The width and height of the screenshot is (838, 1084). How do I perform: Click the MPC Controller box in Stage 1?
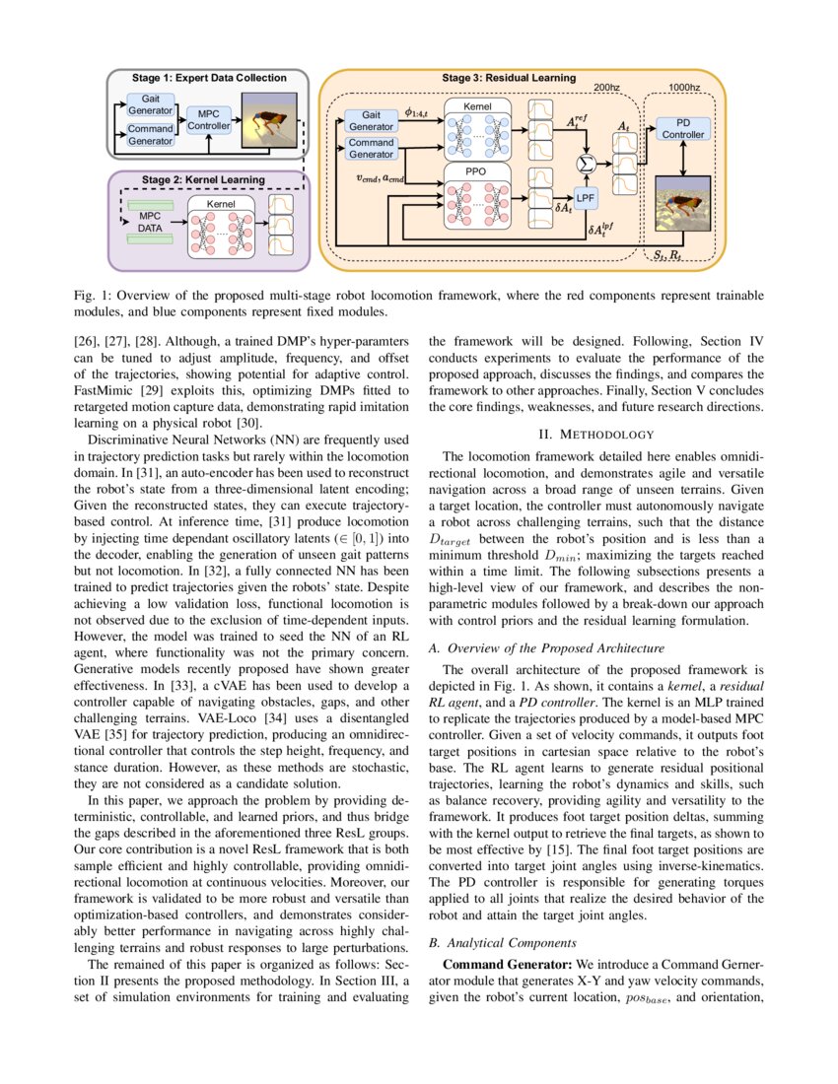[x=208, y=120]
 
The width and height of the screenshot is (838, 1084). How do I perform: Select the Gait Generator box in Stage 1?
[x=151, y=105]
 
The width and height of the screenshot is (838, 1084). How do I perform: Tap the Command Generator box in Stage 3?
[x=372, y=148]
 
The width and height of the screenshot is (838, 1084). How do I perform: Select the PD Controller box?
[x=682, y=128]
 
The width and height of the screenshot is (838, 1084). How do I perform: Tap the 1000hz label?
[x=683, y=87]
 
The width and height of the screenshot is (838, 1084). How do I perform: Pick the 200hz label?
[x=607, y=87]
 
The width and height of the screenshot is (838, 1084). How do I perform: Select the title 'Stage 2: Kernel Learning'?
[x=203, y=180]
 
